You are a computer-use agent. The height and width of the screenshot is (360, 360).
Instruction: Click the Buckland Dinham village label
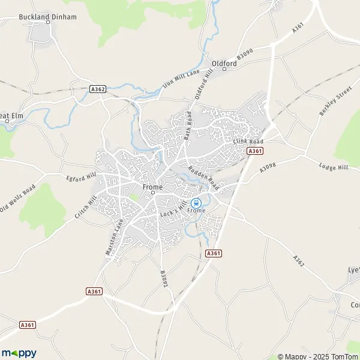[x=48, y=17]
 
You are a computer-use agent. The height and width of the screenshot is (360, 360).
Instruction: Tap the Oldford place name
[x=224, y=62]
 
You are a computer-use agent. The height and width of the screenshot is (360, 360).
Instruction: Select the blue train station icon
[x=196, y=203]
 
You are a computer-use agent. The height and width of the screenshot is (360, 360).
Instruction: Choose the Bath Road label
[x=188, y=125]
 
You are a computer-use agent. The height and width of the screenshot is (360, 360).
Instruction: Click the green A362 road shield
[x=97, y=89]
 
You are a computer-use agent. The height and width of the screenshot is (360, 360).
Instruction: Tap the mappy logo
[x=19, y=353]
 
